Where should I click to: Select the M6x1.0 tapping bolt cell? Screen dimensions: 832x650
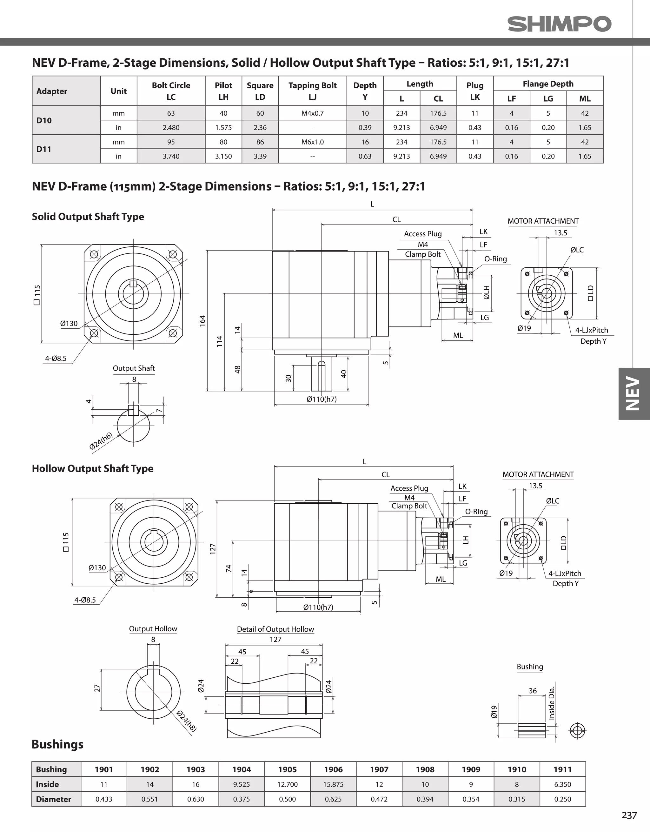(312, 142)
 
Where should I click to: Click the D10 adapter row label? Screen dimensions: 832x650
(44, 120)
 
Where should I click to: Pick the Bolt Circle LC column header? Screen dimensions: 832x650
(171, 91)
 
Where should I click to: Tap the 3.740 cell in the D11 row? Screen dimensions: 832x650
(171, 156)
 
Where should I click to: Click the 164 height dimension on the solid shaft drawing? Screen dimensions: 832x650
(202, 320)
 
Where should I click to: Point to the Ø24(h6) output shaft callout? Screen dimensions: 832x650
(101, 441)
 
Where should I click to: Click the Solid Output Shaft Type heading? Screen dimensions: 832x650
(88, 217)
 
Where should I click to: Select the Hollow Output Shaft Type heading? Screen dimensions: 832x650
(93, 469)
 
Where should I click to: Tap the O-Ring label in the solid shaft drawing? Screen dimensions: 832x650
(495, 259)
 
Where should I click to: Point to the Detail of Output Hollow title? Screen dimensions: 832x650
(275, 629)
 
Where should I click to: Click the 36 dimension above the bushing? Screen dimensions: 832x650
(532, 691)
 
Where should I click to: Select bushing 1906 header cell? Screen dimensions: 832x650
(333, 769)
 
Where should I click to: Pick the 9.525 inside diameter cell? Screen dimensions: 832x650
(242, 784)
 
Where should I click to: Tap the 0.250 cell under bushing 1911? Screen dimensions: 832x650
(562, 799)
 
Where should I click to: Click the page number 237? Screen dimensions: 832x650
(629, 815)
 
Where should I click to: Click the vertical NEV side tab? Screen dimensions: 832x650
(633, 393)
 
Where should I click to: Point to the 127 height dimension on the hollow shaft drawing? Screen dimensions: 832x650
(213, 548)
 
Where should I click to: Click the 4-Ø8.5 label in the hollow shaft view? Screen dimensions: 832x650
(85, 600)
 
